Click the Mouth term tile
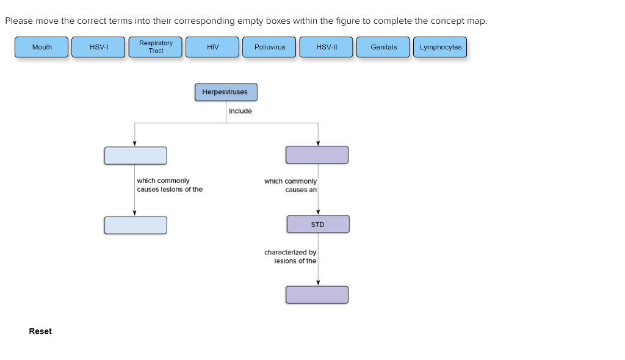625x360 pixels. pos(42,47)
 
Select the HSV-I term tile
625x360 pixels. pos(98,47)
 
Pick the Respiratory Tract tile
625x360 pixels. pos(156,47)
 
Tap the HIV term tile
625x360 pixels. pos(212,47)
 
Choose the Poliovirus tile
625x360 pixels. pos(269,47)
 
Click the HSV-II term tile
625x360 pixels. pos(326,47)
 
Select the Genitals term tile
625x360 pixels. pos(383,47)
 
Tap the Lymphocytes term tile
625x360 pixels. pos(440,47)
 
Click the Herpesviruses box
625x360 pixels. pos(226,92)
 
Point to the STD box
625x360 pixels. pos(318,225)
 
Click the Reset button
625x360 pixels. pos(40,331)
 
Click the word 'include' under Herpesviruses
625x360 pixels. pos(240,111)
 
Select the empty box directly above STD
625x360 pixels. pos(317,155)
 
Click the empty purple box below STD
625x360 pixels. pos(317,295)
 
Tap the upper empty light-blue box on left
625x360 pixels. pos(135,156)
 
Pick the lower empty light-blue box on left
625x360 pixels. pos(135,225)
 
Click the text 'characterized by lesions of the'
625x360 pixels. pos(291,256)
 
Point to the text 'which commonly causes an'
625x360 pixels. pos(291,185)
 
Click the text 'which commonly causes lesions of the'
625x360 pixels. pos(169,185)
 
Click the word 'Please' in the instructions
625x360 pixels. pos(18,21)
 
